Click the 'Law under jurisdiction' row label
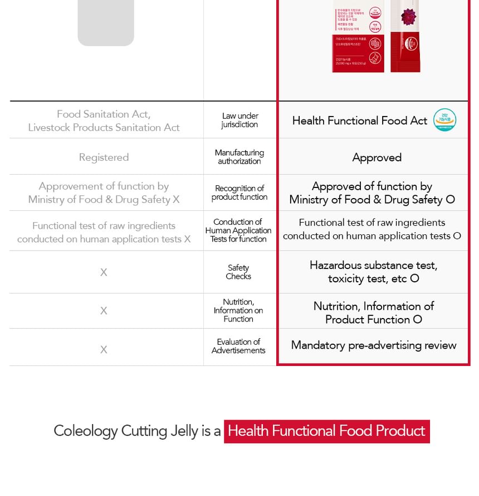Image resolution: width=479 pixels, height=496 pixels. pos(239,120)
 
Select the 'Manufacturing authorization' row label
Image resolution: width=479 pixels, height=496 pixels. pos(239,157)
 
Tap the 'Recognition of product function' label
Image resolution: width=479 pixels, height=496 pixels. pos(239,192)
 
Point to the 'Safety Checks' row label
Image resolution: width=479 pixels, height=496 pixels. pos(238,272)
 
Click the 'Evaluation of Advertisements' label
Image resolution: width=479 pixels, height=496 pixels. pos(238,346)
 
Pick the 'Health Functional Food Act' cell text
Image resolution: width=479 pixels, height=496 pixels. pos(359,121)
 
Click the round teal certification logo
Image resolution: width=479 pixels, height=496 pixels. pos(444,120)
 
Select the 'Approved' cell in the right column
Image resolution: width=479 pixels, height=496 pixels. pos(377,157)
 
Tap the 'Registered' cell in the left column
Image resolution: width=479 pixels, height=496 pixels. pos(104,157)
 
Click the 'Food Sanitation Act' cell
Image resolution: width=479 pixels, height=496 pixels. pos(104,121)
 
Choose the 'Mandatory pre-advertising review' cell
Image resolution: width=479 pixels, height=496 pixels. pos(374,345)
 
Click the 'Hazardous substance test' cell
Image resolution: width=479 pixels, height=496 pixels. pos(373,272)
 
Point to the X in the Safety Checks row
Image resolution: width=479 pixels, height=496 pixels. pos(104,272)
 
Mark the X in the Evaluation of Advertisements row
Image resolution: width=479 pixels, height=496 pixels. pos(104,350)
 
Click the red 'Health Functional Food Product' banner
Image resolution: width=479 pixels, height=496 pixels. pos(326,431)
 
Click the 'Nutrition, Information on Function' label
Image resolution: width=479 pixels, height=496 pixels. pos(238,310)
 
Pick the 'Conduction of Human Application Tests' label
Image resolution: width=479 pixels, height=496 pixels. pos(238,230)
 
